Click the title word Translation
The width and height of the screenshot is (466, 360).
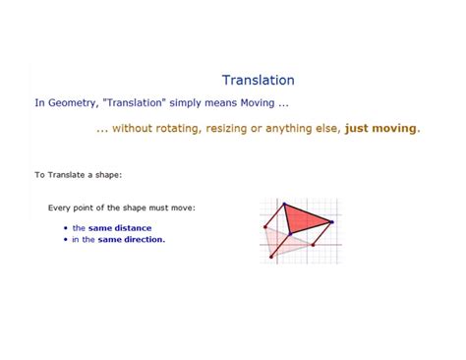click(x=258, y=81)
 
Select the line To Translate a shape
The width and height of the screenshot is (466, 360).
click(x=78, y=175)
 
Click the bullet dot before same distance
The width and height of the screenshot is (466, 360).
click(x=65, y=228)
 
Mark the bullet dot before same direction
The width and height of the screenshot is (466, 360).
click(x=65, y=240)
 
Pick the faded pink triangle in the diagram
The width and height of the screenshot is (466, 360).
click(x=284, y=242)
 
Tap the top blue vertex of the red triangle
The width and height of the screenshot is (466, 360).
click(x=285, y=206)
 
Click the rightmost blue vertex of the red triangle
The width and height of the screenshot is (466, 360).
click(x=331, y=222)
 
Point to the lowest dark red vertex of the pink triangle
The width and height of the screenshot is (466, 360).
click(x=272, y=258)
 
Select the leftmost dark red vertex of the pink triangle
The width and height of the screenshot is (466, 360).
click(x=265, y=226)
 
